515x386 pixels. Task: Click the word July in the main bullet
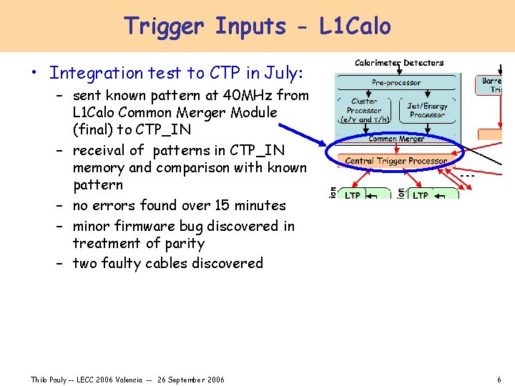coord(282,73)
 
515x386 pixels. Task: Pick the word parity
coord(181,243)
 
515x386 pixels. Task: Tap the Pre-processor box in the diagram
coord(398,83)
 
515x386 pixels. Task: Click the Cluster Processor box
coord(364,110)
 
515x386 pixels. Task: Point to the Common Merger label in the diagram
coord(397,139)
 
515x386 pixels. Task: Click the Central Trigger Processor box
coord(396,161)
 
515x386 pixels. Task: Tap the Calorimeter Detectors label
coord(399,63)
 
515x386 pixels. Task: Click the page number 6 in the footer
coord(499,380)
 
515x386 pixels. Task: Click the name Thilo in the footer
coord(39,380)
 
